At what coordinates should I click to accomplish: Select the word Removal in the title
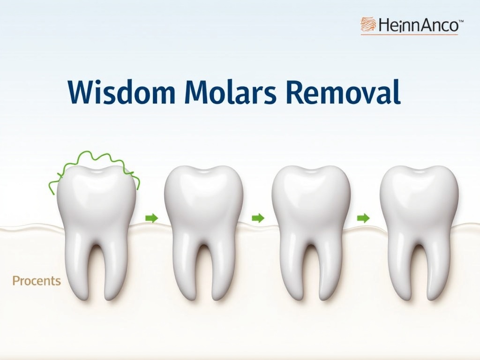click(x=343, y=92)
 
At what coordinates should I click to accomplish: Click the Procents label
click(x=37, y=281)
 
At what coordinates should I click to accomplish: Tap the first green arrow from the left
click(x=151, y=218)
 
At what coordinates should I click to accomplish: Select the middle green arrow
click(x=258, y=218)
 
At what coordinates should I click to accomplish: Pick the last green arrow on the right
click(x=363, y=218)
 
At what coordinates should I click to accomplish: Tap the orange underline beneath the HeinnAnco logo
click(x=409, y=35)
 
